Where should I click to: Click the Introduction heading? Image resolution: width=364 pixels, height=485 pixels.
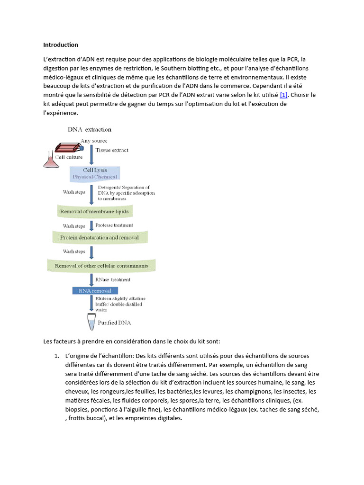click(61, 45)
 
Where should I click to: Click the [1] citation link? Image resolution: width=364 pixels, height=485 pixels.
click(284, 95)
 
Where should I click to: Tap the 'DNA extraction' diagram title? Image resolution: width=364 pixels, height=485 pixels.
click(90, 129)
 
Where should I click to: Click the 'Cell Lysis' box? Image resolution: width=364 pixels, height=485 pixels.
click(95, 173)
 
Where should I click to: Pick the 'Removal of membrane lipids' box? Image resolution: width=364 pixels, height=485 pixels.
click(95, 211)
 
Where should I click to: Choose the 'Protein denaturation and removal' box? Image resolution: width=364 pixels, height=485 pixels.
click(100, 237)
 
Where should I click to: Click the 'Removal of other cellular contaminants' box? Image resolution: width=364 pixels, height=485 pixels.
click(101, 266)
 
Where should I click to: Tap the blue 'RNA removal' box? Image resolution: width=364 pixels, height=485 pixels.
click(95, 290)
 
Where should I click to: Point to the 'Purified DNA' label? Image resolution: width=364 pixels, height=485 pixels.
click(114, 323)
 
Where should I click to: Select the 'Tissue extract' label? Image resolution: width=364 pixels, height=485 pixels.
click(112, 150)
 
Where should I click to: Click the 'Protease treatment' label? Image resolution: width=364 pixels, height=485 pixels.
click(114, 225)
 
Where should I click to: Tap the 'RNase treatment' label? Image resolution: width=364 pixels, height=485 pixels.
click(113, 279)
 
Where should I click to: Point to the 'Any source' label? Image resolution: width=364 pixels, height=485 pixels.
click(94, 141)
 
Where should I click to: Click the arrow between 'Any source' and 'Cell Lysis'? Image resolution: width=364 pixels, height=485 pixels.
click(91, 154)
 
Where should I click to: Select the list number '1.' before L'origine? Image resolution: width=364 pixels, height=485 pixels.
click(56, 356)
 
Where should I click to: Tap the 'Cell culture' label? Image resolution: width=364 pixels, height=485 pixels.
click(69, 157)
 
